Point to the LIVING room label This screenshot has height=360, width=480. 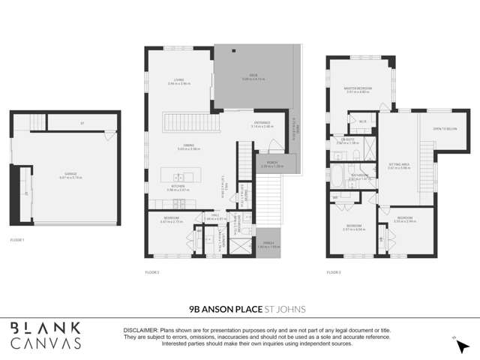tap(178, 81)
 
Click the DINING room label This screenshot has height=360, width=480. tap(178, 148)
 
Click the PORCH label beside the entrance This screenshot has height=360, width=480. tap(270, 163)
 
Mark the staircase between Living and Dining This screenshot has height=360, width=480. tap(184, 120)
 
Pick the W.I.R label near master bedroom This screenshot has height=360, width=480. tap(363, 120)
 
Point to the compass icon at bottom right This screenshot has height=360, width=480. tap(454, 340)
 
